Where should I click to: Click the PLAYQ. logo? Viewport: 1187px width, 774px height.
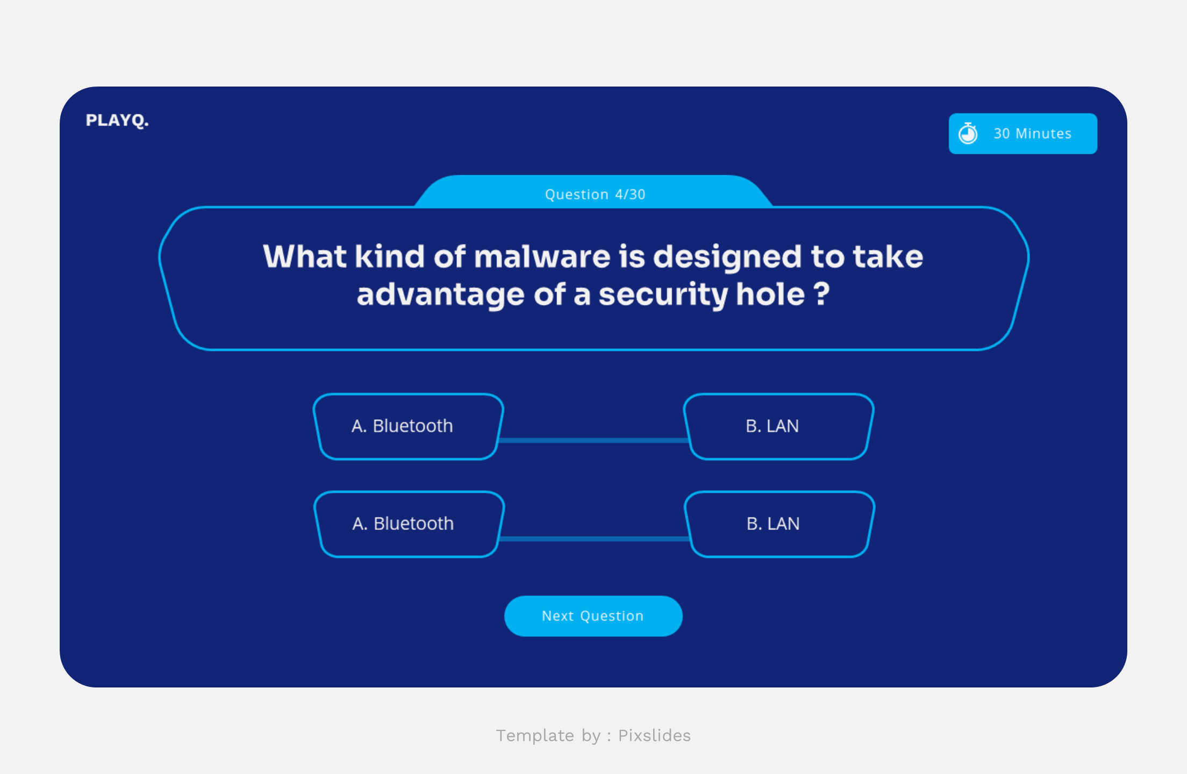(117, 120)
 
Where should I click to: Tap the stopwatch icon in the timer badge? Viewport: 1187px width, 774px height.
(968, 133)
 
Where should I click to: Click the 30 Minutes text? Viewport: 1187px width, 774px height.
(1032, 133)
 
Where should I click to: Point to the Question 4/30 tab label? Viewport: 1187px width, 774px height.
(595, 194)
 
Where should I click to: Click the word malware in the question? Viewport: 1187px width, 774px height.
(542, 256)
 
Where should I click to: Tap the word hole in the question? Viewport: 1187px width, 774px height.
(770, 295)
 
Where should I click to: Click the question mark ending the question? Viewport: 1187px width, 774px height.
(821, 295)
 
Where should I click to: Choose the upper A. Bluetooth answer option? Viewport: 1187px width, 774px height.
(408, 426)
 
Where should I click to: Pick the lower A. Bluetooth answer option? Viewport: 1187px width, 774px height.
(409, 524)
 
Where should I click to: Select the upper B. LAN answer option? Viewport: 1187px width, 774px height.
(778, 426)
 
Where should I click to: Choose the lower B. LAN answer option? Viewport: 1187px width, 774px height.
(779, 524)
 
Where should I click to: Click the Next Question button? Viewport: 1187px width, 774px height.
(593, 616)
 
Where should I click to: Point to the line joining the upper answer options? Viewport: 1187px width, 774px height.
(593, 440)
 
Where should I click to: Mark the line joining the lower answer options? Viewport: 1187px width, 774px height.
(593, 539)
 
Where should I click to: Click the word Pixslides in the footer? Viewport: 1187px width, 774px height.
(654, 735)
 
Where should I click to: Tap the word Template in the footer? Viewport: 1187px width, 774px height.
(535, 735)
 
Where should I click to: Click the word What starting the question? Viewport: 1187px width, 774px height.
(304, 256)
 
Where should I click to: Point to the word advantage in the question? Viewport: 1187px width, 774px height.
(440, 295)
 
